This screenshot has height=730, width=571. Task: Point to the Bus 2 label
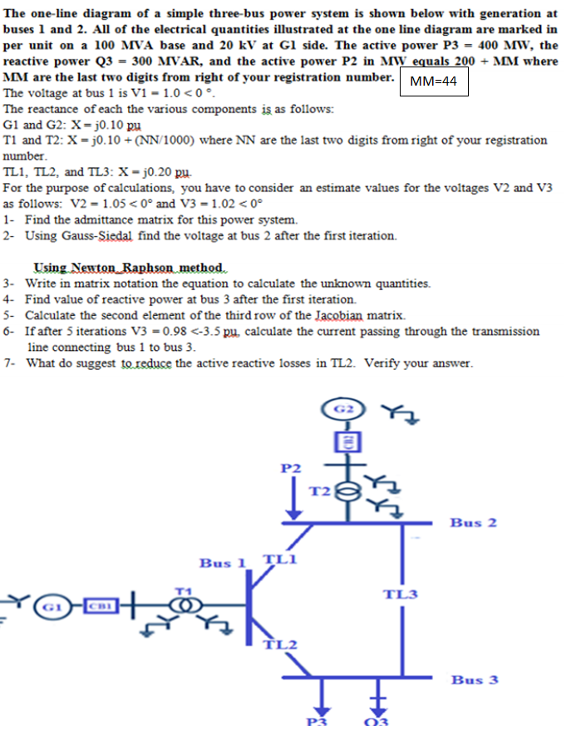point(473,522)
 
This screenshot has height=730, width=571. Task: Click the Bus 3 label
point(475,679)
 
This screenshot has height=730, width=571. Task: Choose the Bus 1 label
point(223,563)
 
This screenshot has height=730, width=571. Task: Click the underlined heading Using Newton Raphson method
point(129,268)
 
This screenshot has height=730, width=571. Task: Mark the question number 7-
point(10,363)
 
